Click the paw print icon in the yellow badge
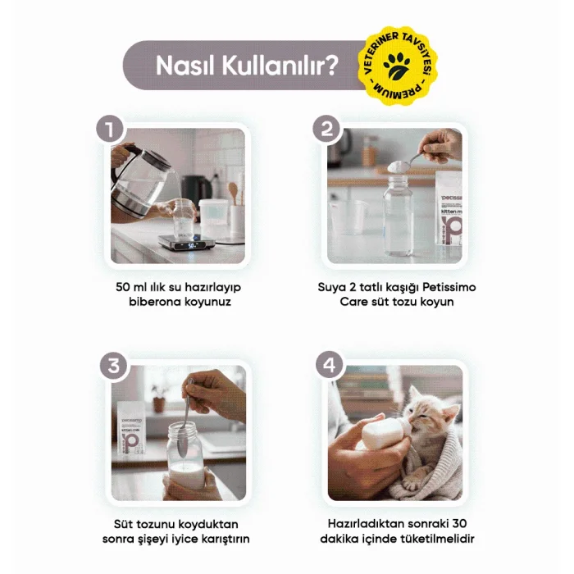pos(397,66)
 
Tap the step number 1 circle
pos(109,130)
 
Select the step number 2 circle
pos(326,129)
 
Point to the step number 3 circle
pos(113,366)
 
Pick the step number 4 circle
pos(330,365)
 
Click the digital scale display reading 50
pos(191,246)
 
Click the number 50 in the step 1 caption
pos(123,287)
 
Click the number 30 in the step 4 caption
pos(459,523)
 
